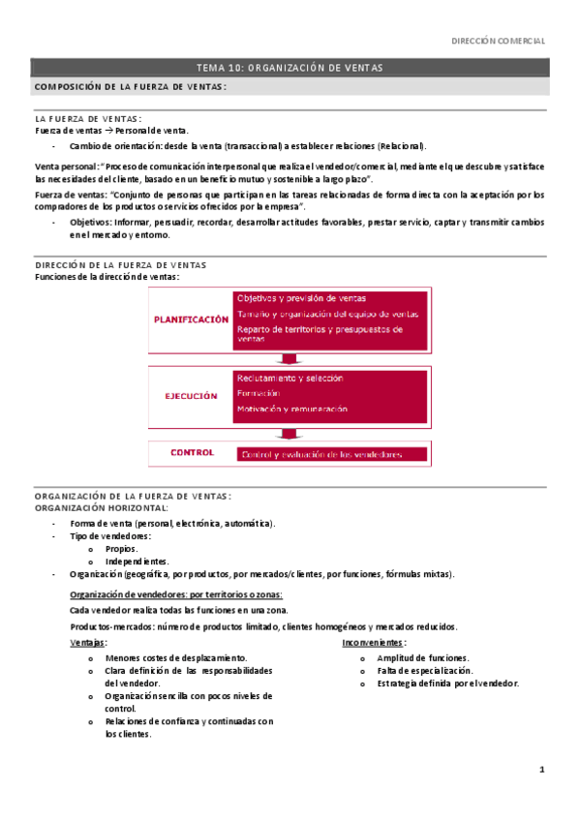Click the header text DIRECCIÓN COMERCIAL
[500, 42]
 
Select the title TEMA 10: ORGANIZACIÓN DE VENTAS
[290, 68]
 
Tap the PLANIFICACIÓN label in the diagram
[191, 319]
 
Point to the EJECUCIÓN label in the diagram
[190, 395]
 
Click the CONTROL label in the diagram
[192, 452]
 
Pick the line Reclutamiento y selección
[290, 378]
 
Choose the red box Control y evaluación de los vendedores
[321, 454]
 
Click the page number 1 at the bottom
[542, 771]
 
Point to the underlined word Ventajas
[89, 643]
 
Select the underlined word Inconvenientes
[374, 643]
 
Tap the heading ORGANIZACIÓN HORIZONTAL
[101, 507]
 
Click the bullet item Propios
[122, 548]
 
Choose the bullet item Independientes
[137, 562]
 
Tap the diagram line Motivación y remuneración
[292, 410]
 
